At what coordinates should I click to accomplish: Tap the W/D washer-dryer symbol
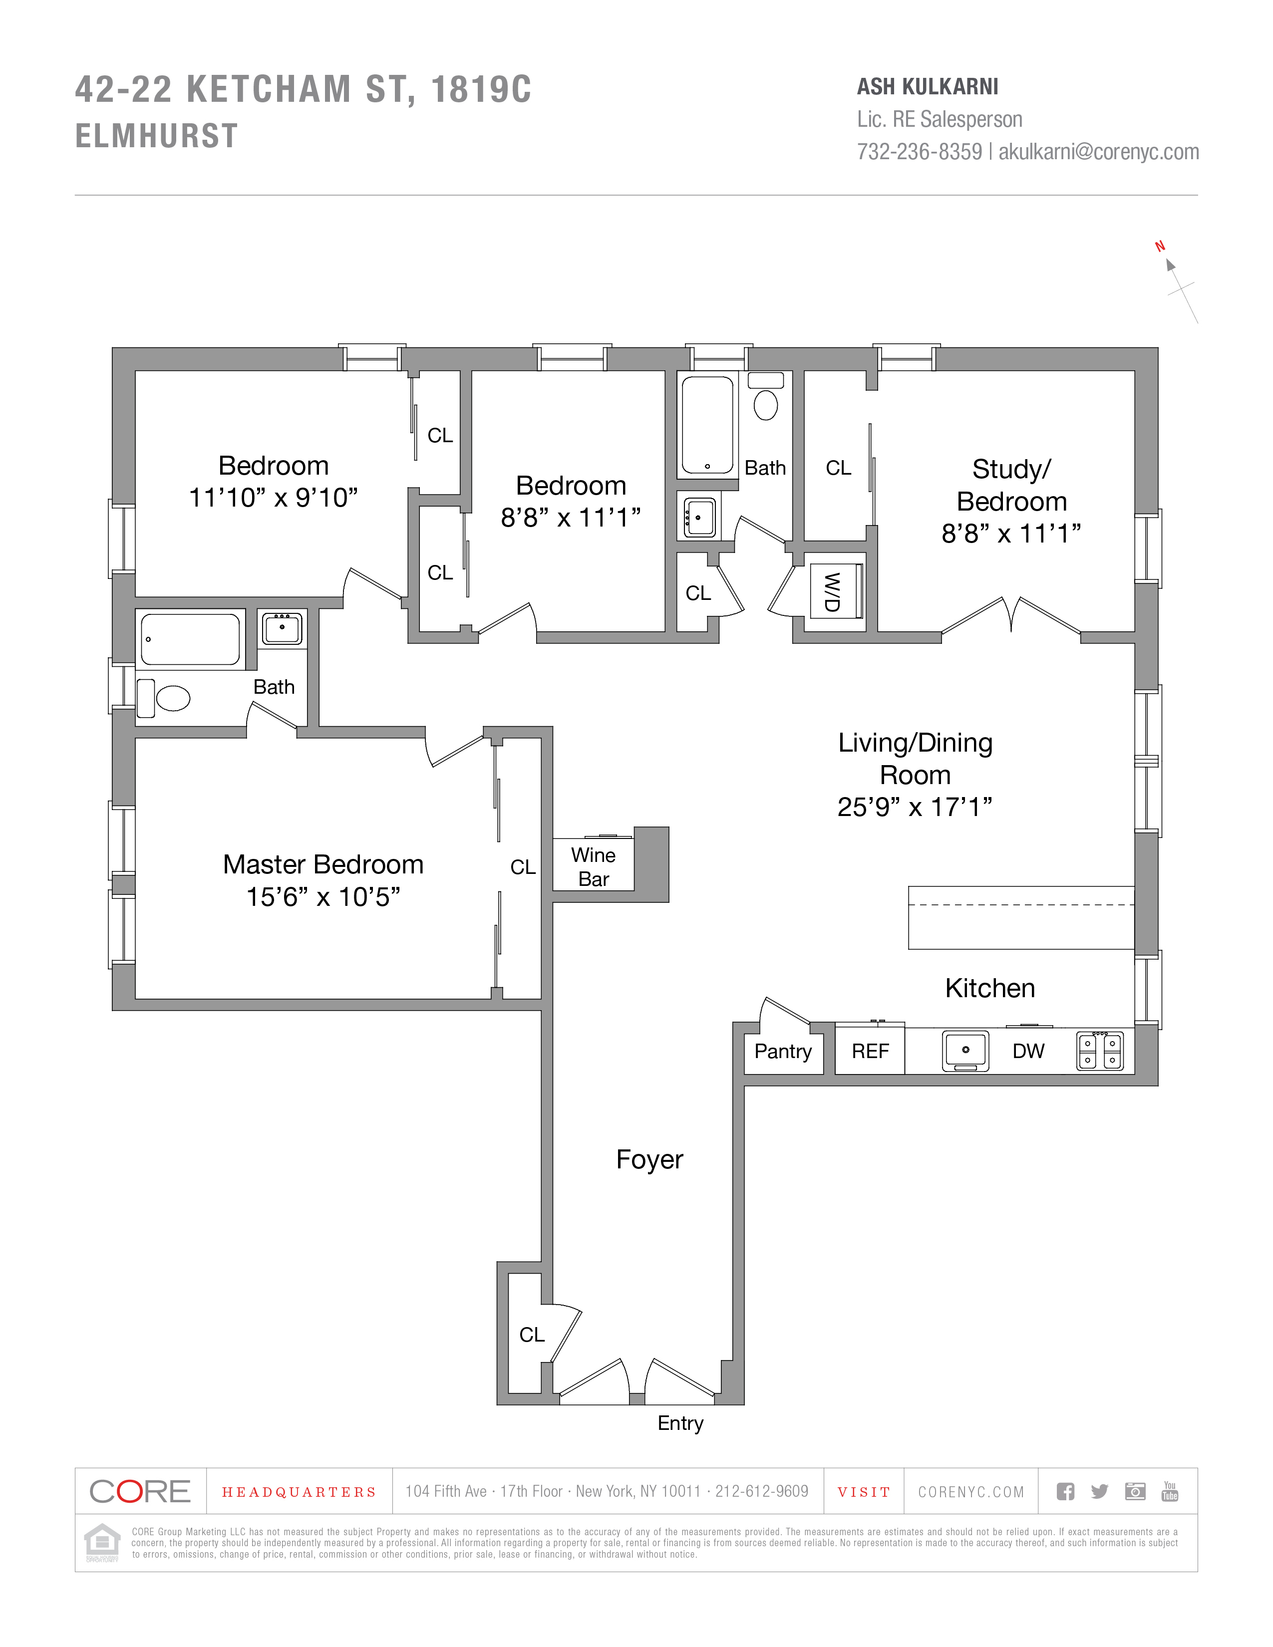tap(833, 592)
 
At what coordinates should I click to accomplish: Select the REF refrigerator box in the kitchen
tap(870, 1051)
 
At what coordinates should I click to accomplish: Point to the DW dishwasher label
tap(1028, 1051)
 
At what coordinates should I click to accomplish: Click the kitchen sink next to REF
tap(965, 1051)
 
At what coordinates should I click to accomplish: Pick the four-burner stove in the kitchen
tap(1100, 1051)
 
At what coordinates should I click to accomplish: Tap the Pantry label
tap(783, 1051)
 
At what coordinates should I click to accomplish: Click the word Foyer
tap(649, 1159)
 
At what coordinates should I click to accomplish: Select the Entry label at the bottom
tap(680, 1423)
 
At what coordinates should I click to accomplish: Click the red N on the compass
tap(1160, 246)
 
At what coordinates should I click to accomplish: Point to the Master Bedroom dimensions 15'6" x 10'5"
tap(323, 897)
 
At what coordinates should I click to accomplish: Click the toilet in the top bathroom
tap(765, 405)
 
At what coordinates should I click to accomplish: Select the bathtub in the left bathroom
tap(190, 639)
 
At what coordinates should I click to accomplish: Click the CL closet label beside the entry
tap(532, 1335)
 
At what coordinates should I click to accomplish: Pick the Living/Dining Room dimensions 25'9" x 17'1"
tap(915, 807)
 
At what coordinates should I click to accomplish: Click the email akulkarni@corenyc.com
tap(1099, 152)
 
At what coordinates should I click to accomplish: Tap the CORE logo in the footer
tap(140, 1492)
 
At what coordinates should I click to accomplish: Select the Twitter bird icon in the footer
tap(1100, 1492)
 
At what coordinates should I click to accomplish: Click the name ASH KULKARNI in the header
tap(928, 87)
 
